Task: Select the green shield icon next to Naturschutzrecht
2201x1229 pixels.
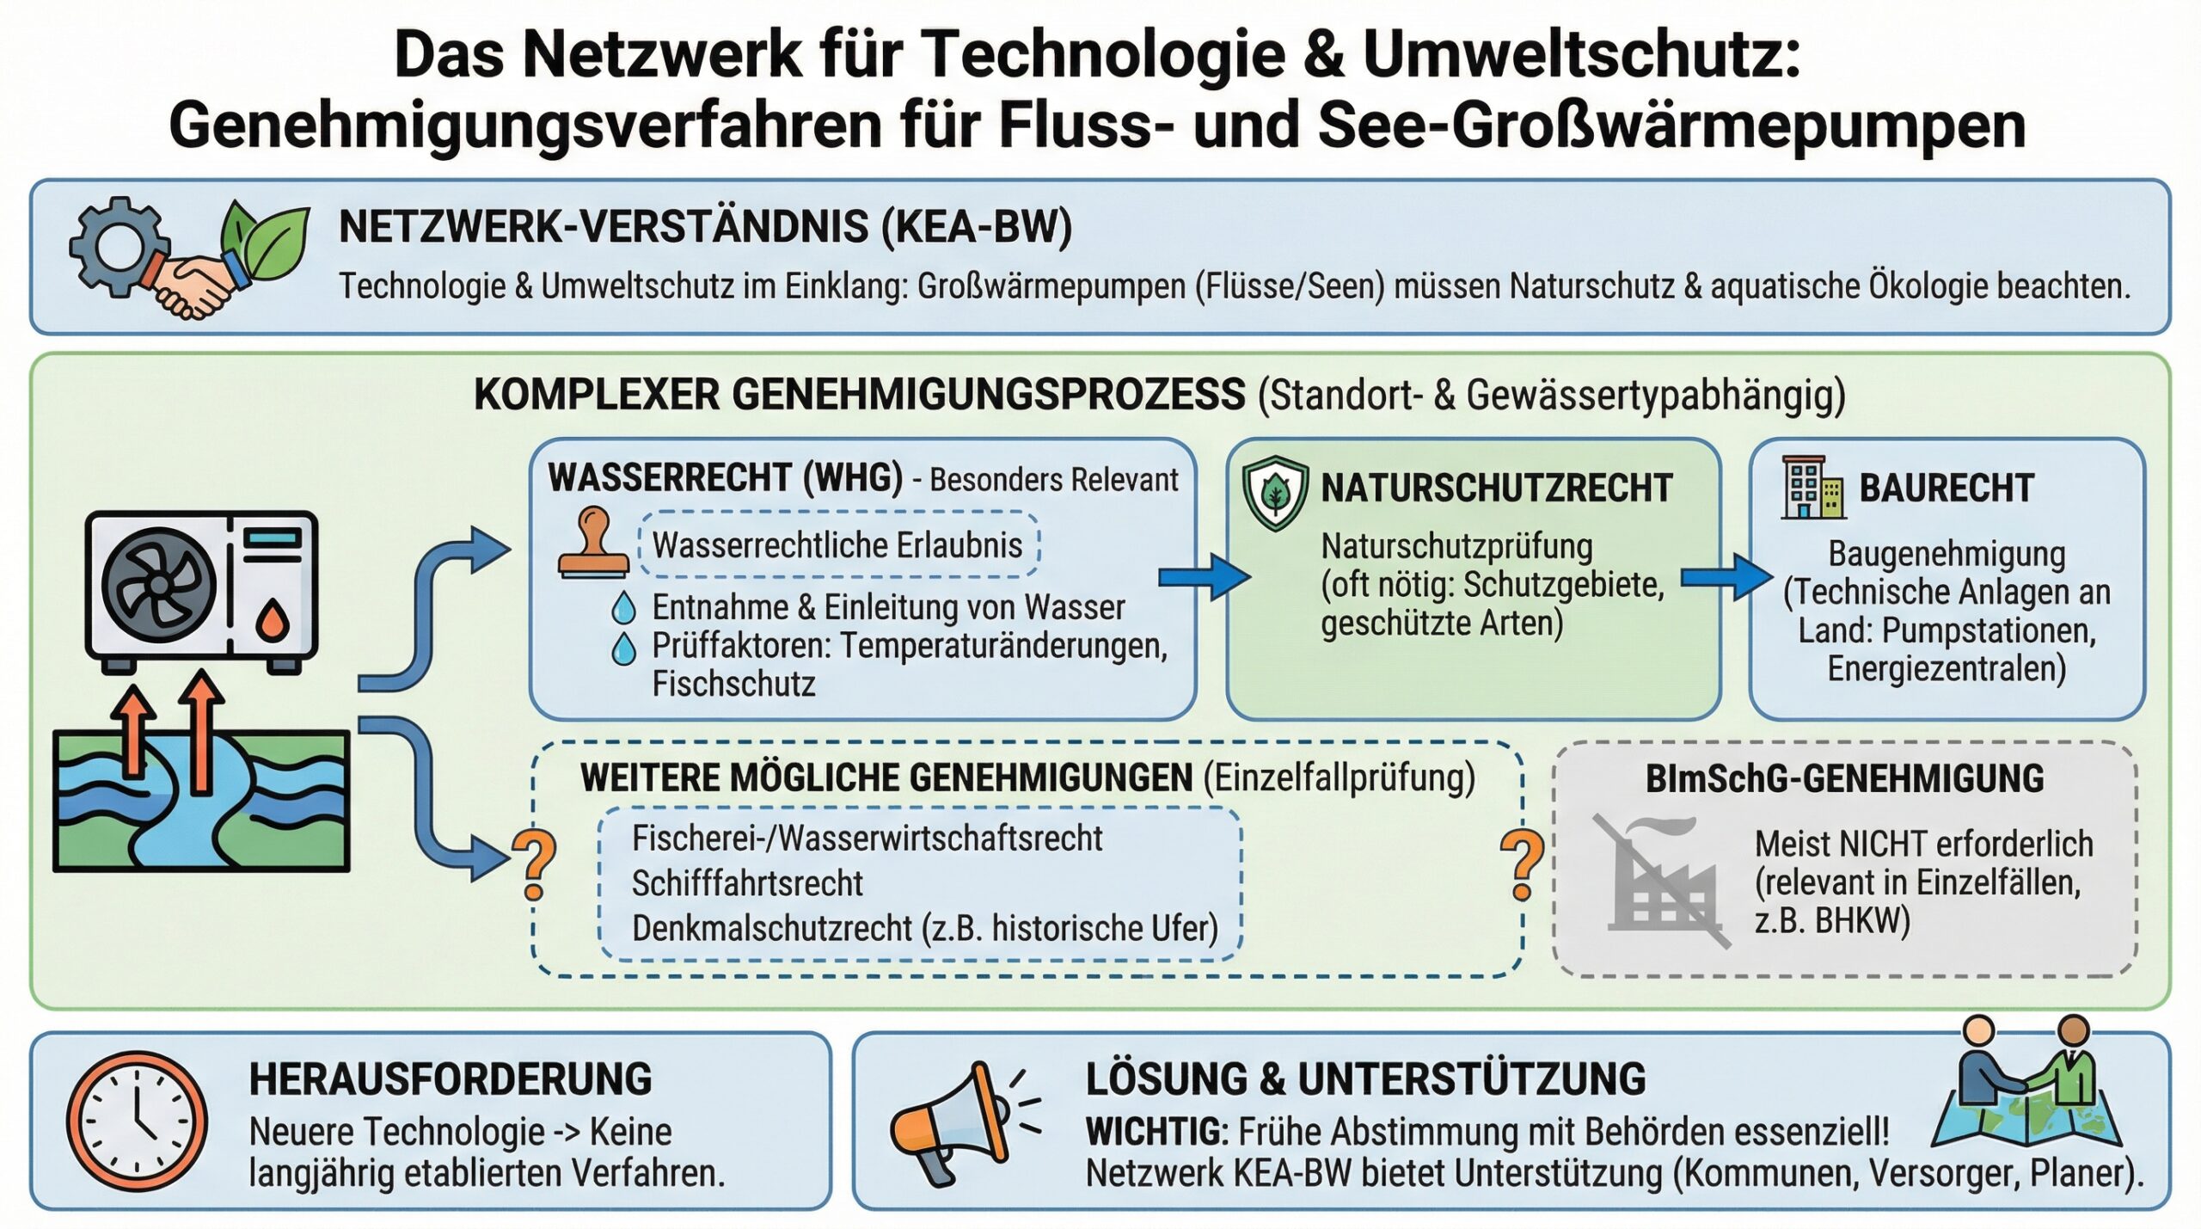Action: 1276,494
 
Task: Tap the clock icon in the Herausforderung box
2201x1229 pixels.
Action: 138,1121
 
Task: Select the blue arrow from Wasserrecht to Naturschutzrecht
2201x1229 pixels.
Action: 1204,577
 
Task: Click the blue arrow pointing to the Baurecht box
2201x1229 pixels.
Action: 1726,577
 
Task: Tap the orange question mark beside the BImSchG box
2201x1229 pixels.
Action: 1523,865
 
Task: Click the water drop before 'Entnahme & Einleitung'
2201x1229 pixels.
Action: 623,607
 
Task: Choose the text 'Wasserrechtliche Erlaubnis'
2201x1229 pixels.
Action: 837,545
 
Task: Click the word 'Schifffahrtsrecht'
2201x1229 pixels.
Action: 747,883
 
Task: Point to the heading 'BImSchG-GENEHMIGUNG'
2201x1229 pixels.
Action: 1844,778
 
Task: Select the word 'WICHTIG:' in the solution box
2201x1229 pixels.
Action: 1157,1132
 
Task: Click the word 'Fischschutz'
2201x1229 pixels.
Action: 733,685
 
